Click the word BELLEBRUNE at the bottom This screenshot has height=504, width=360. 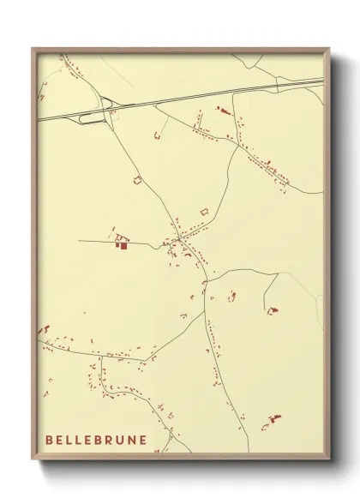point(95,441)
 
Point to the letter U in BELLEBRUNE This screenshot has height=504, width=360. point(120,441)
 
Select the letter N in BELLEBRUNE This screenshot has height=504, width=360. point(131,441)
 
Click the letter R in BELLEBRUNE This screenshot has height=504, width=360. point(109,441)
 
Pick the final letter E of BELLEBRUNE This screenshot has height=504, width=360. point(142,441)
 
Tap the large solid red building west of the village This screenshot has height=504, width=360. point(122,245)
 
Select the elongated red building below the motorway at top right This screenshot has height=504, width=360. point(225,111)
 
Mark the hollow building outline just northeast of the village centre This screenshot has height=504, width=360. point(204,210)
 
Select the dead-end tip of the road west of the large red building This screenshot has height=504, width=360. point(80,241)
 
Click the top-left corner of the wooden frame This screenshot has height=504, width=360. point(33,49)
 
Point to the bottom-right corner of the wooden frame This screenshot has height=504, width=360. point(328,459)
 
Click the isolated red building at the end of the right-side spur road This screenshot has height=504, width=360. point(272,310)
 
